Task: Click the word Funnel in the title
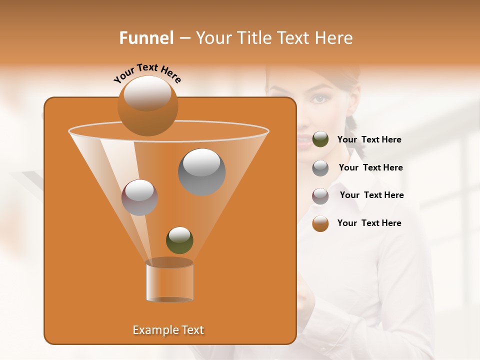pyautogui.click(x=146, y=38)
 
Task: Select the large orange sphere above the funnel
pyautogui.click(x=147, y=105)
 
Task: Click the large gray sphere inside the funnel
pyautogui.click(x=201, y=171)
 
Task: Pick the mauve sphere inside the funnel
pyautogui.click(x=139, y=197)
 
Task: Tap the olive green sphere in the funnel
pyautogui.click(x=179, y=240)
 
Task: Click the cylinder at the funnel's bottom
pyautogui.click(x=169, y=281)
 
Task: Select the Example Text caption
pyautogui.click(x=168, y=330)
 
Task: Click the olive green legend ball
pyautogui.click(x=320, y=139)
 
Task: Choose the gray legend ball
pyautogui.click(x=320, y=167)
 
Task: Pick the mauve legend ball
pyautogui.click(x=320, y=195)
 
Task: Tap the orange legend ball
pyautogui.click(x=320, y=223)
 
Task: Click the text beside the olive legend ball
pyautogui.click(x=369, y=140)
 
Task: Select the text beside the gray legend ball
pyautogui.click(x=370, y=168)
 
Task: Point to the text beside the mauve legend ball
pyautogui.click(x=371, y=195)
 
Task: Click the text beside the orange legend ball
pyautogui.click(x=369, y=223)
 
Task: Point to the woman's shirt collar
pyautogui.click(x=350, y=165)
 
